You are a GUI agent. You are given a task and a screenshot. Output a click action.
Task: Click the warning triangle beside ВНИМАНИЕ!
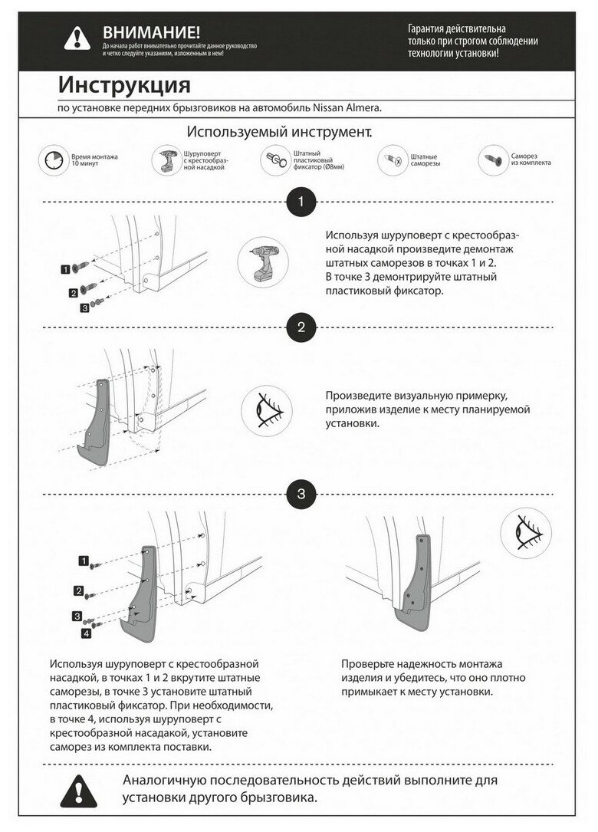[x=77, y=38]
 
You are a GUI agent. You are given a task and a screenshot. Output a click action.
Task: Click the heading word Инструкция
[x=124, y=83]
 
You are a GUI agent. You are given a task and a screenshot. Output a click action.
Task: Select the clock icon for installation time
[x=53, y=159]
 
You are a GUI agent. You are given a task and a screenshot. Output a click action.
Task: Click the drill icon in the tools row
[x=166, y=159]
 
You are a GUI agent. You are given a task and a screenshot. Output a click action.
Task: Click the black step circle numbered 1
[x=301, y=202]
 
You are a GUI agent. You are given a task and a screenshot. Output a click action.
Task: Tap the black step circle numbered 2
[x=301, y=328]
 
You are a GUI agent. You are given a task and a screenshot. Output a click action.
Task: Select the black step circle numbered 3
[x=301, y=495]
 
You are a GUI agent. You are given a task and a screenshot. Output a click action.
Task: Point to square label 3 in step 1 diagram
[x=84, y=308]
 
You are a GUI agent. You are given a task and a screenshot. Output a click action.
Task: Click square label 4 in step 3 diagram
[x=86, y=634]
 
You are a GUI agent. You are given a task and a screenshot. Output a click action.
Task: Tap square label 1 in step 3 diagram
[x=83, y=563]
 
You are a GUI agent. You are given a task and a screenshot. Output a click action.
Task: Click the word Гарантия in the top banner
[x=430, y=28]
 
